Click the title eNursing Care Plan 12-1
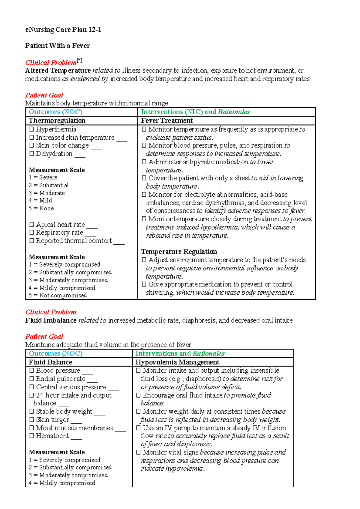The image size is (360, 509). click(63, 29)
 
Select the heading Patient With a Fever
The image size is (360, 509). click(57, 46)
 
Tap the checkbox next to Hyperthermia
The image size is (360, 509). click(31, 129)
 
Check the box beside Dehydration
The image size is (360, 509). click(31, 153)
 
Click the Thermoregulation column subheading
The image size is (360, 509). click(57, 121)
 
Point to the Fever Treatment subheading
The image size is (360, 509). click(167, 121)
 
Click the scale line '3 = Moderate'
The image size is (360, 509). click(47, 193)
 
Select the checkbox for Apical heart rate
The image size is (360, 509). click(31, 225)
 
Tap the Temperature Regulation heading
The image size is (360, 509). click(179, 252)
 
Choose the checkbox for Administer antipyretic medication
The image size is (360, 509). click(144, 162)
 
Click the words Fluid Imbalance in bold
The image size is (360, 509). click(51, 320)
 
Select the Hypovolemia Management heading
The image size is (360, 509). click(177, 362)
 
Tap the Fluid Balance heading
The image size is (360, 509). click(50, 362)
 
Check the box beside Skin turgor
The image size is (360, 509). click(31, 419)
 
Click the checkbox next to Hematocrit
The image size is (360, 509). click(31, 436)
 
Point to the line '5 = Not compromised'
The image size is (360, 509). click(58, 295)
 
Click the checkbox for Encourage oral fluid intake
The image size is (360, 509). click(138, 395)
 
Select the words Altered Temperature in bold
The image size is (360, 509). click(58, 70)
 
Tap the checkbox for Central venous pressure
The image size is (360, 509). click(31, 387)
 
